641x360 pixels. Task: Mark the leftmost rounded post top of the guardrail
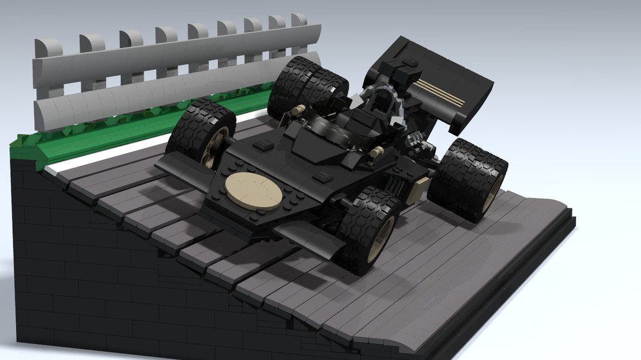pyautogui.click(x=48, y=47)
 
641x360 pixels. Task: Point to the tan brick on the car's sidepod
pyautogui.click(x=420, y=188)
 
